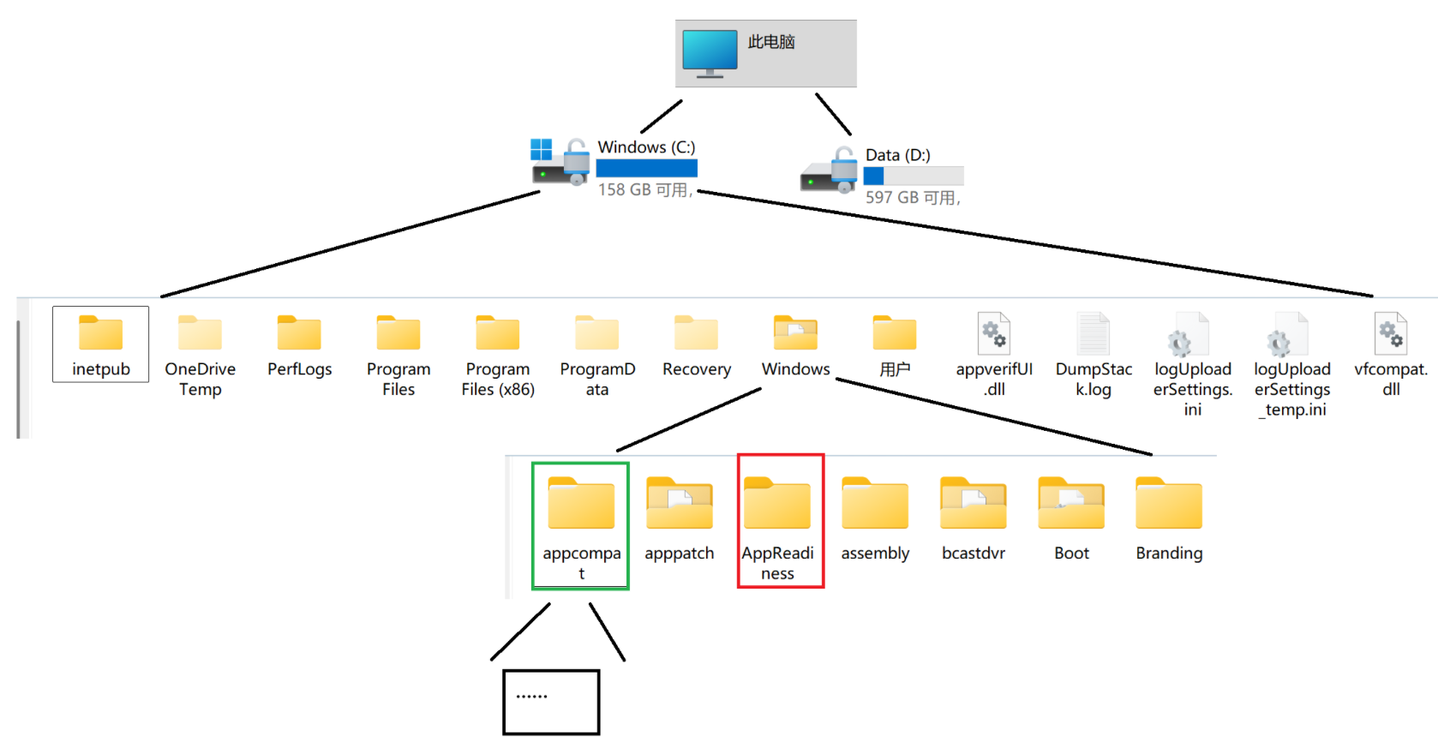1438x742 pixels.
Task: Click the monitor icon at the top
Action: (710, 52)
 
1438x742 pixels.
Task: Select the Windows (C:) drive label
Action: (646, 147)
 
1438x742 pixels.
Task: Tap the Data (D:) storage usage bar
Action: (914, 177)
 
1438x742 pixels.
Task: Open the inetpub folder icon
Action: (100, 333)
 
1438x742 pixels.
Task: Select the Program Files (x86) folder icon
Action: (498, 333)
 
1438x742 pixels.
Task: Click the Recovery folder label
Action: (697, 369)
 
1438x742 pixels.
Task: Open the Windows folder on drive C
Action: (795, 333)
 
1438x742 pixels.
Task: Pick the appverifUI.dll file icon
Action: (994, 333)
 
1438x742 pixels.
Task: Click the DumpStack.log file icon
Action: (1093, 333)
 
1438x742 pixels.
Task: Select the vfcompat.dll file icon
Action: (1391, 333)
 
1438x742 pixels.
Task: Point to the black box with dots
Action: (551, 702)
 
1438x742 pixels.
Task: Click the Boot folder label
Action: (1071, 554)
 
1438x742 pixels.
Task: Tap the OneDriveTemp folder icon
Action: (200, 333)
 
